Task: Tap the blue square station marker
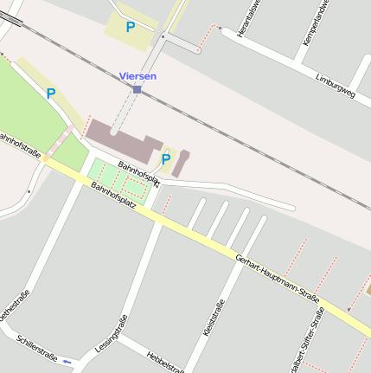(x=137, y=89)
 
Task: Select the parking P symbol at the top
(x=131, y=27)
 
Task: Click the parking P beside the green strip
(x=51, y=93)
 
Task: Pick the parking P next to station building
(x=165, y=158)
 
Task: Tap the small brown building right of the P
(x=181, y=164)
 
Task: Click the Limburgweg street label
(x=336, y=82)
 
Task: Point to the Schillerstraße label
(x=35, y=346)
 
